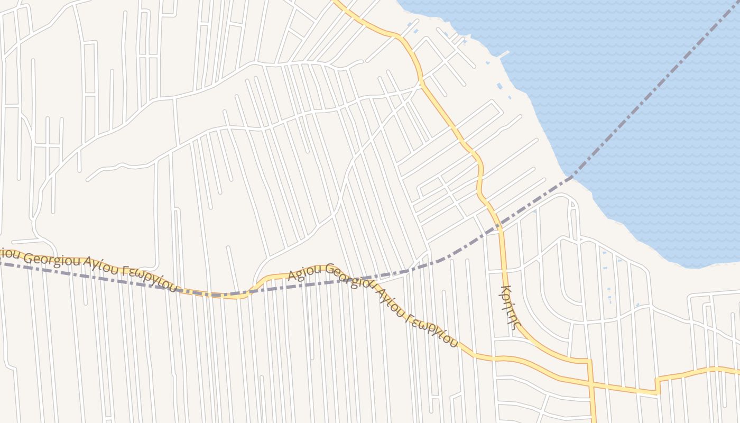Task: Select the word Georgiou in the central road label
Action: pyautogui.click(x=344, y=276)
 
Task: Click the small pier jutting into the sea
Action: pyautogui.click(x=502, y=54)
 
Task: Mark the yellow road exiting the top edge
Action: pyautogui.click(x=336, y=2)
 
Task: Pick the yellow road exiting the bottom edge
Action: pyautogui.click(x=594, y=420)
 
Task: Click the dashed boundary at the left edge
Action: pyautogui.click(x=3, y=263)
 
